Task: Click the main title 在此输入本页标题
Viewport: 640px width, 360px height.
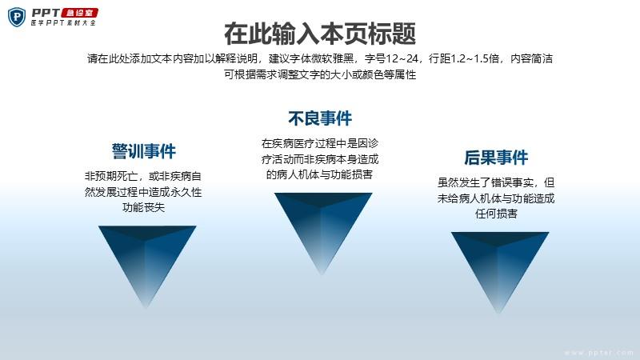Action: tap(320, 34)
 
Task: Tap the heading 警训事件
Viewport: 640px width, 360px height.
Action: tap(144, 151)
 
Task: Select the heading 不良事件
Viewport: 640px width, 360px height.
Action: tap(320, 118)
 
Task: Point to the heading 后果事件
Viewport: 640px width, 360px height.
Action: tap(496, 157)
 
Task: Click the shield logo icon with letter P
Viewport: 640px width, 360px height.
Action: tap(17, 17)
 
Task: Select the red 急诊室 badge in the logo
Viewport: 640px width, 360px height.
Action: tap(79, 13)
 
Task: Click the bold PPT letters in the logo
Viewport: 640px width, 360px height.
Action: tap(46, 13)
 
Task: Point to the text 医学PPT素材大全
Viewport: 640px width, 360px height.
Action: tap(63, 23)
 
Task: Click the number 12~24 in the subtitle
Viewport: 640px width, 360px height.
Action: tap(402, 58)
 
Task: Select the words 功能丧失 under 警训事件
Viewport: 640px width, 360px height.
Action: tap(144, 207)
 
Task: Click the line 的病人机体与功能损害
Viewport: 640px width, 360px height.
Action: tap(319, 174)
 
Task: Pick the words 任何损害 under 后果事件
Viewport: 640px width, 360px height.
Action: tap(496, 214)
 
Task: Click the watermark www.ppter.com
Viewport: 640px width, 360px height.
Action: tap(598, 353)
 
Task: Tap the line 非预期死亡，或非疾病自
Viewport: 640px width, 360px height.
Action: tap(143, 176)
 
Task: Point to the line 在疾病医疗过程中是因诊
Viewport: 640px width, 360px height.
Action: tap(320, 143)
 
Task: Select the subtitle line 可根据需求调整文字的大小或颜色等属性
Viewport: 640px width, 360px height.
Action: tap(320, 74)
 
